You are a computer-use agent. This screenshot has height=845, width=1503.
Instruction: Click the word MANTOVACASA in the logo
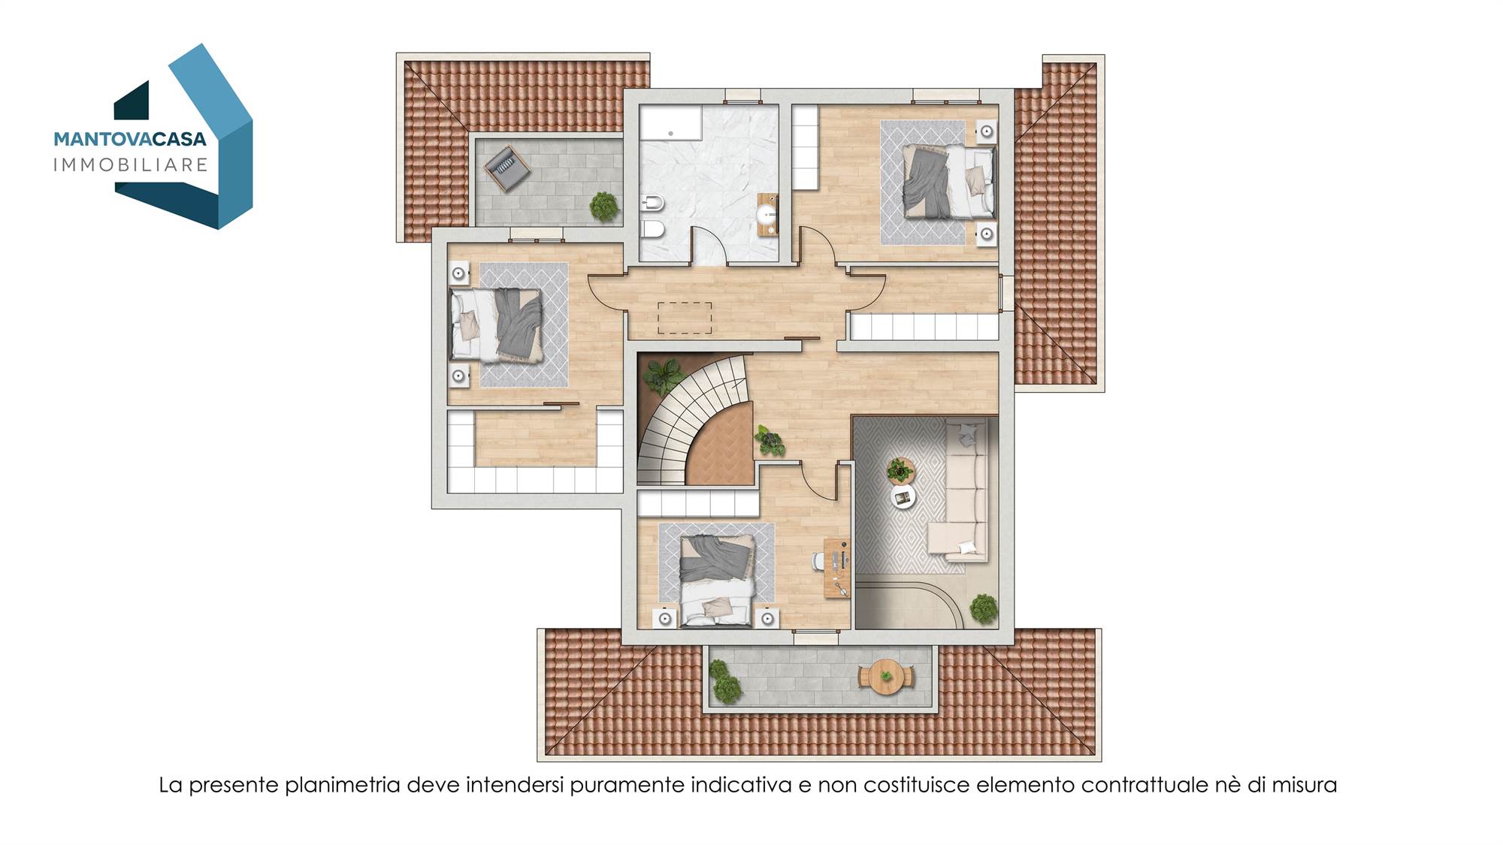click(130, 139)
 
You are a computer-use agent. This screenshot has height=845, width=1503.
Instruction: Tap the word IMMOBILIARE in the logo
click(131, 164)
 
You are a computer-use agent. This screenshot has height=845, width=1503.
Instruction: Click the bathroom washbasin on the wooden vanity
click(767, 215)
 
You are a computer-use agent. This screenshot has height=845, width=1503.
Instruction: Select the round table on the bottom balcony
click(887, 675)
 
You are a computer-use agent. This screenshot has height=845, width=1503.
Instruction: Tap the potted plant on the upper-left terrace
click(603, 206)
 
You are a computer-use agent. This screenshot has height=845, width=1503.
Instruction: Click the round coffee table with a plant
click(900, 471)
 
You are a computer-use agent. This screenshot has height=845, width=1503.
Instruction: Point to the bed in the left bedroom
click(497, 324)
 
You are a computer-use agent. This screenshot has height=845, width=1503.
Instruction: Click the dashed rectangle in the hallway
click(685, 318)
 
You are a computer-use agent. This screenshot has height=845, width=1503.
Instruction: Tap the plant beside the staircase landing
click(769, 440)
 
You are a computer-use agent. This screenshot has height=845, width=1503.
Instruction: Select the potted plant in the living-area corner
click(983, 608)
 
